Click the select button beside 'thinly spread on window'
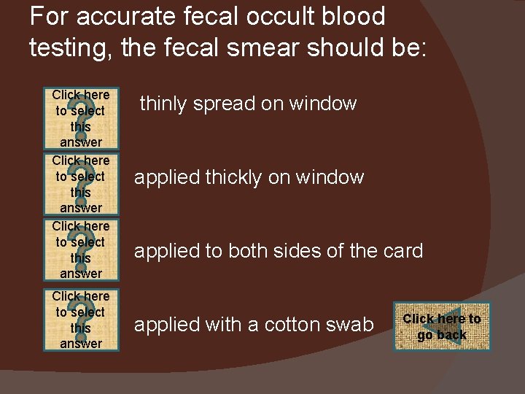(81, 118)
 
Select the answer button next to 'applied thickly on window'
(81, 184)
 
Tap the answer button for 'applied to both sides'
(81, 250)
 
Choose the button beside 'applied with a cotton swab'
(81, 320)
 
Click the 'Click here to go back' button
(442, 327)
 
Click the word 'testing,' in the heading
(67, 47)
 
